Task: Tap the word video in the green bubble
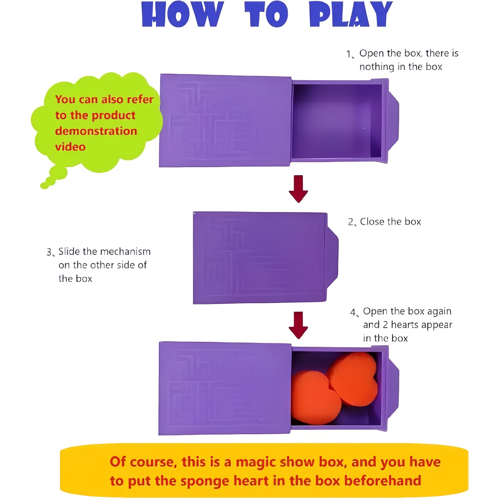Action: coord(70,147)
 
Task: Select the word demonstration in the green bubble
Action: coord(96,131)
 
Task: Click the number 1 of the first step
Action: coord(349,54)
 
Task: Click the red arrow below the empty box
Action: coord(298,189)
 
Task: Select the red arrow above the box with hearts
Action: coord(298,325)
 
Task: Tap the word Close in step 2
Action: coord(372,221)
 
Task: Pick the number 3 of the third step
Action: coord(49,252)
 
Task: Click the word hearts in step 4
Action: coord(405,325)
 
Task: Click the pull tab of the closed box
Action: coord(332,257)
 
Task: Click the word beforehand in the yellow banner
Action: coord(383,481)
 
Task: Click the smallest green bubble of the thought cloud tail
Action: coord(44,186)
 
